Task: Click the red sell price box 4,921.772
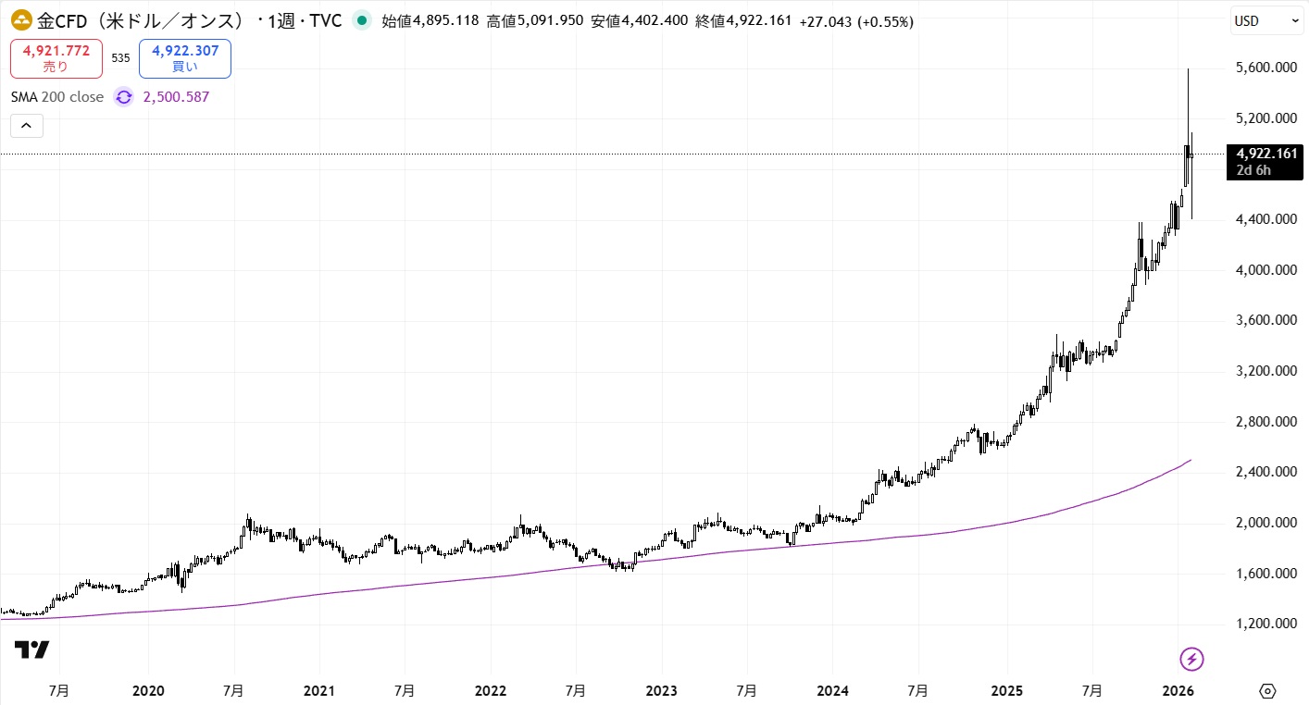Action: (x=56, y=58)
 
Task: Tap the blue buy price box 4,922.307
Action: (x=185, y=58)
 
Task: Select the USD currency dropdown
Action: (x=1266, y=20)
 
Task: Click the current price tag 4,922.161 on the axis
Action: (x=1266, y=154)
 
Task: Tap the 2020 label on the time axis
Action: (x=148, y=691)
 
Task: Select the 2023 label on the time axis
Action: (x=661, y=691)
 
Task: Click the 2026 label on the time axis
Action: (x=1177, y=691)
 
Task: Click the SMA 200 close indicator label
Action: (x=57, y=97)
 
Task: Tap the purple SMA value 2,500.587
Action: (x=176, y=97)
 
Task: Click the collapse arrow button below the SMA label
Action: (x=26, y=125)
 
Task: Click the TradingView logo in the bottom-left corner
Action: (x=32, y=650)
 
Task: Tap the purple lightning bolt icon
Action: (x=1191, y=659)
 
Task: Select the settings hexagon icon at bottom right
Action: (x=1267, y=691)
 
